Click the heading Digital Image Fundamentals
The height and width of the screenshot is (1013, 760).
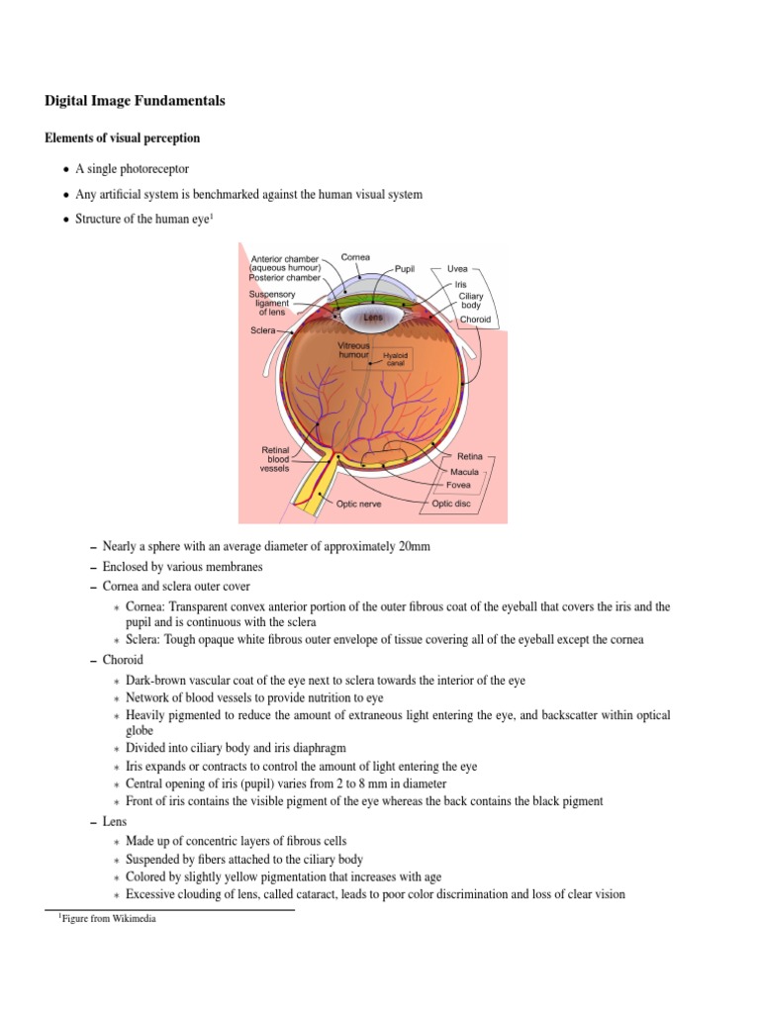pyautogui.click(x=135, y=101)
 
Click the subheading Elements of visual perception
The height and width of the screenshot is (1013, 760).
pyautogui.click(x=122, y=138)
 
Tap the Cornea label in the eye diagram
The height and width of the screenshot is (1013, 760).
pyautogui.click(x=355, y=257)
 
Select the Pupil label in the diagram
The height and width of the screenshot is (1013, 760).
pyautogui.click(x=405, y=268)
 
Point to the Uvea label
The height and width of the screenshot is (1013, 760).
pyautogui.click(x=457, y=268)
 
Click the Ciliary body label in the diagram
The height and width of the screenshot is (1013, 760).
pyautogui.click(x=470, y=301)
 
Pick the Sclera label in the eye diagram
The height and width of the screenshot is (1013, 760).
pyautogui.click(x=262, y=330)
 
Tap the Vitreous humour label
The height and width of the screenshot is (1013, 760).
pyautogui.click(x=353, y=349)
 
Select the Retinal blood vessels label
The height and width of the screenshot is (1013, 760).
pyautogui.click(x=274, y=459)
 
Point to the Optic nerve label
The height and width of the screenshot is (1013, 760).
pyautogui.click(x=358, y=504)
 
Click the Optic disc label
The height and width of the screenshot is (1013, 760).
pyautogui.click(x=451, y=504)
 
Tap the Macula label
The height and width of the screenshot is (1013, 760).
pyautogui.click(x=464, y=472)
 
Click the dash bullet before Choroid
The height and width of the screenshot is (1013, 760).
pyautogui.click(x=92, y=660)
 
